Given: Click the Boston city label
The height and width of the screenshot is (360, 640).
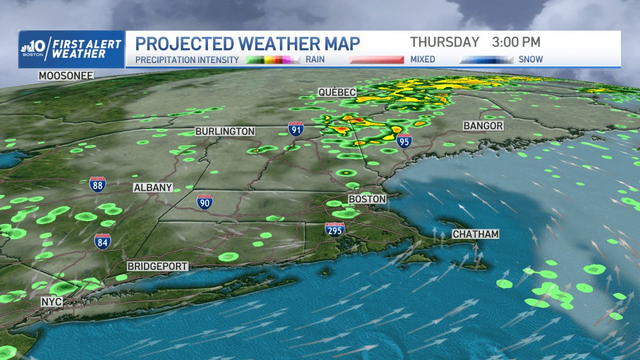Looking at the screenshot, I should click(367, 199).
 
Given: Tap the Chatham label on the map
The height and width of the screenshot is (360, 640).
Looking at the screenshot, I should click(475, 234).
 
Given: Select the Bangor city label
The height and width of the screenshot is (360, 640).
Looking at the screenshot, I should click(483, 126).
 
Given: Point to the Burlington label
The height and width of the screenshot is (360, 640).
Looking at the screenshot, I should click(225, 131).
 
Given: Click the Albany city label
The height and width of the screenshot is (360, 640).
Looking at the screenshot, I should click(153, 188).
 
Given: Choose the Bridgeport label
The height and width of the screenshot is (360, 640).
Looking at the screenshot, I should click(157, 266).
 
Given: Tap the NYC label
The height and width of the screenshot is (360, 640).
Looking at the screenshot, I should click(52, 302).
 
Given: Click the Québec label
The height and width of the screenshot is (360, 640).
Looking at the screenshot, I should click(337, 92).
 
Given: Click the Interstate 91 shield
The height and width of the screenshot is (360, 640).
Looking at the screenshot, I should click(296, 129).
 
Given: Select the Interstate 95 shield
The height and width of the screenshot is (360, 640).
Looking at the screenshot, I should click(404, 141).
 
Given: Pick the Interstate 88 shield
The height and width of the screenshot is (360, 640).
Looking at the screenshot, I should click(97, 185).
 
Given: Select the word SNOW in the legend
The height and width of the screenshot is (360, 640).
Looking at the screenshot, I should click(531, 60).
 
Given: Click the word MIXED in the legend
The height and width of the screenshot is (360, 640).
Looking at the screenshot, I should click(422, 60).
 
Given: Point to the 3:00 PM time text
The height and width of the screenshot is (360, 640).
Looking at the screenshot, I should click(517, 42).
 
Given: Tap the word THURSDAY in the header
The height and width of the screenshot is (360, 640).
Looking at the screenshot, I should click(445, 42).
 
